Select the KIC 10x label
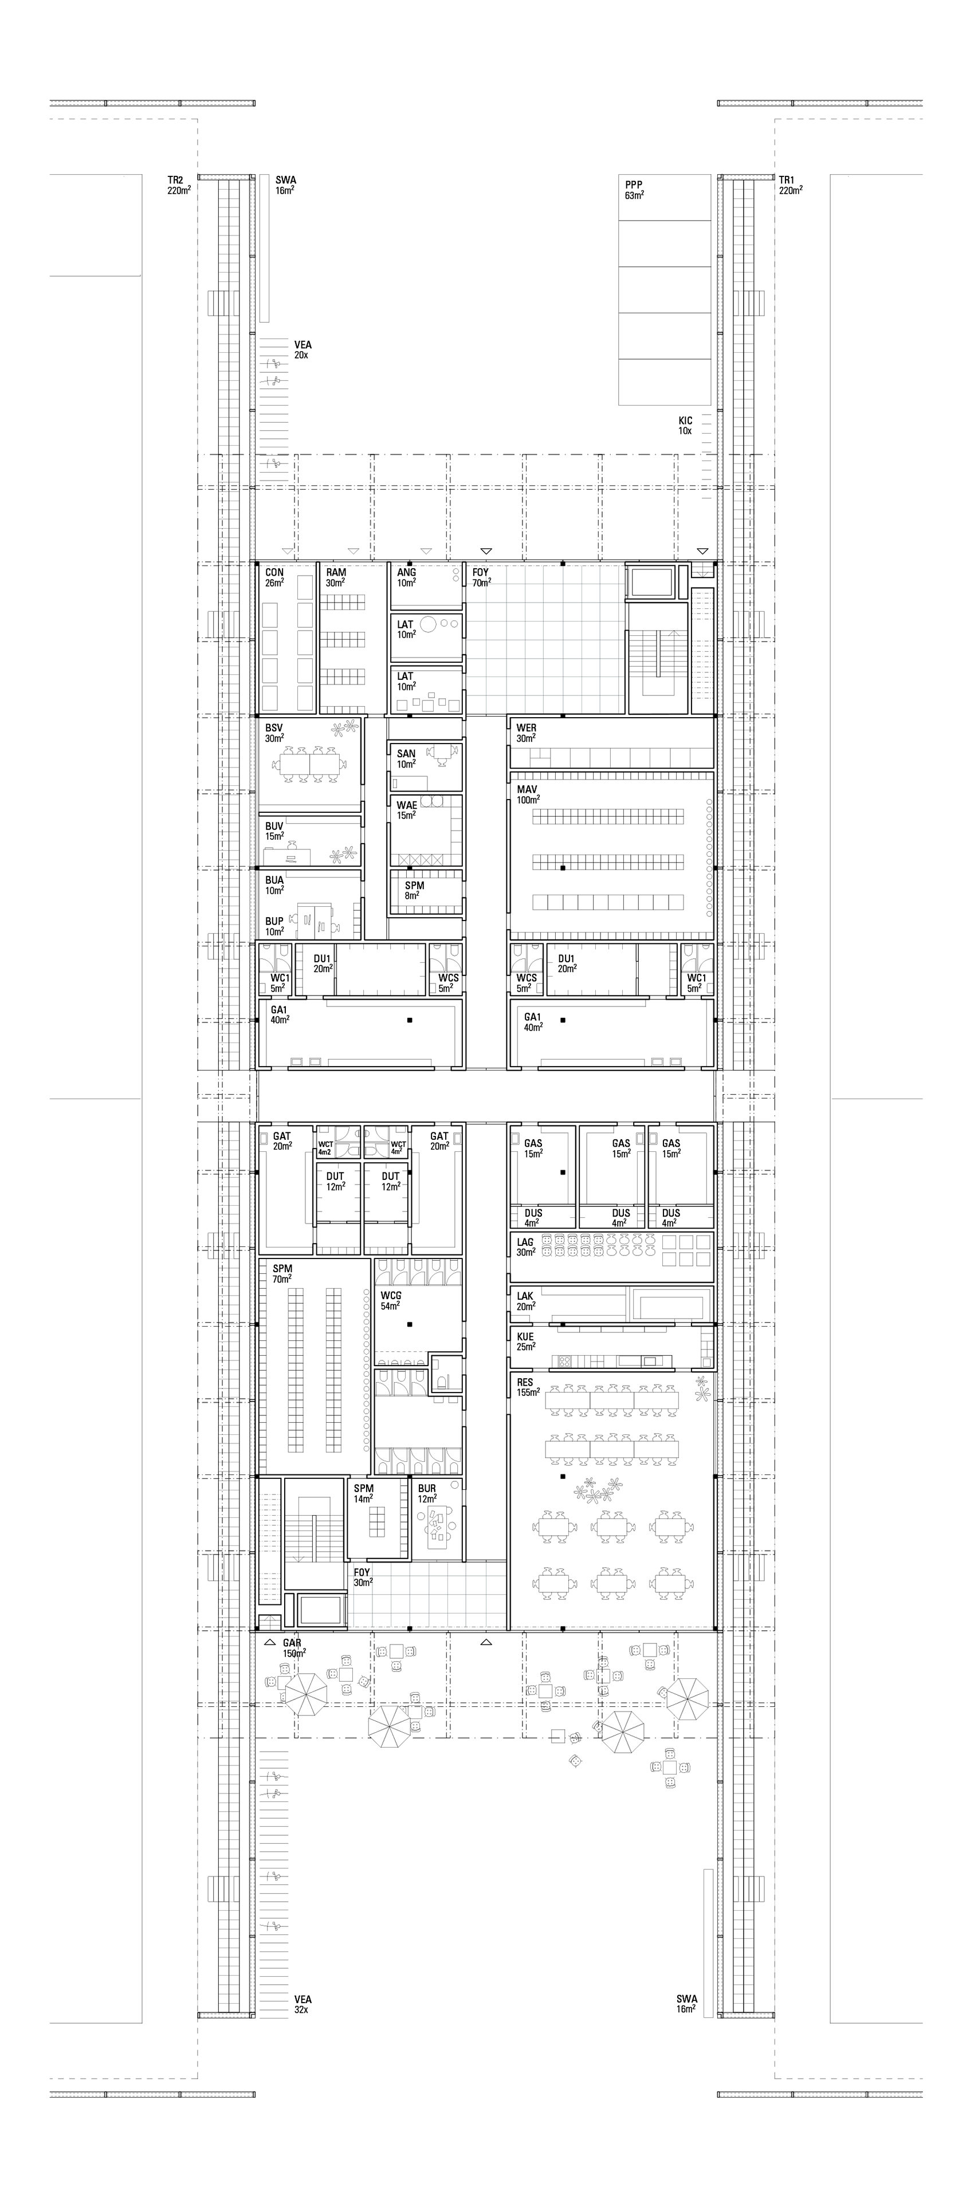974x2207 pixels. coord(685,426)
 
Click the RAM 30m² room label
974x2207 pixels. coord(336,577)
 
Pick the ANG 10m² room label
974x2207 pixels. coord(406,577)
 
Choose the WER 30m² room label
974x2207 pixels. coord(526,733)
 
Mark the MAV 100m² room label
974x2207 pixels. coord(529,794)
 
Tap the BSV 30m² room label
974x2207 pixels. coord(274,733)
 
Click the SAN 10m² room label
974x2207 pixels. coord(406,759)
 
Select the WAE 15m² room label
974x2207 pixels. coord(407,809)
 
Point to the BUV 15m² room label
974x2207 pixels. coord(274,831)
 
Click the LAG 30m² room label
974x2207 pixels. coord(526,1246)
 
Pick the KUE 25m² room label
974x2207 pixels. coord(526,1341)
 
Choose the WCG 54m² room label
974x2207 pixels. coord(391,1301)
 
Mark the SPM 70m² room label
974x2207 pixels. coord(282,1273)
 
